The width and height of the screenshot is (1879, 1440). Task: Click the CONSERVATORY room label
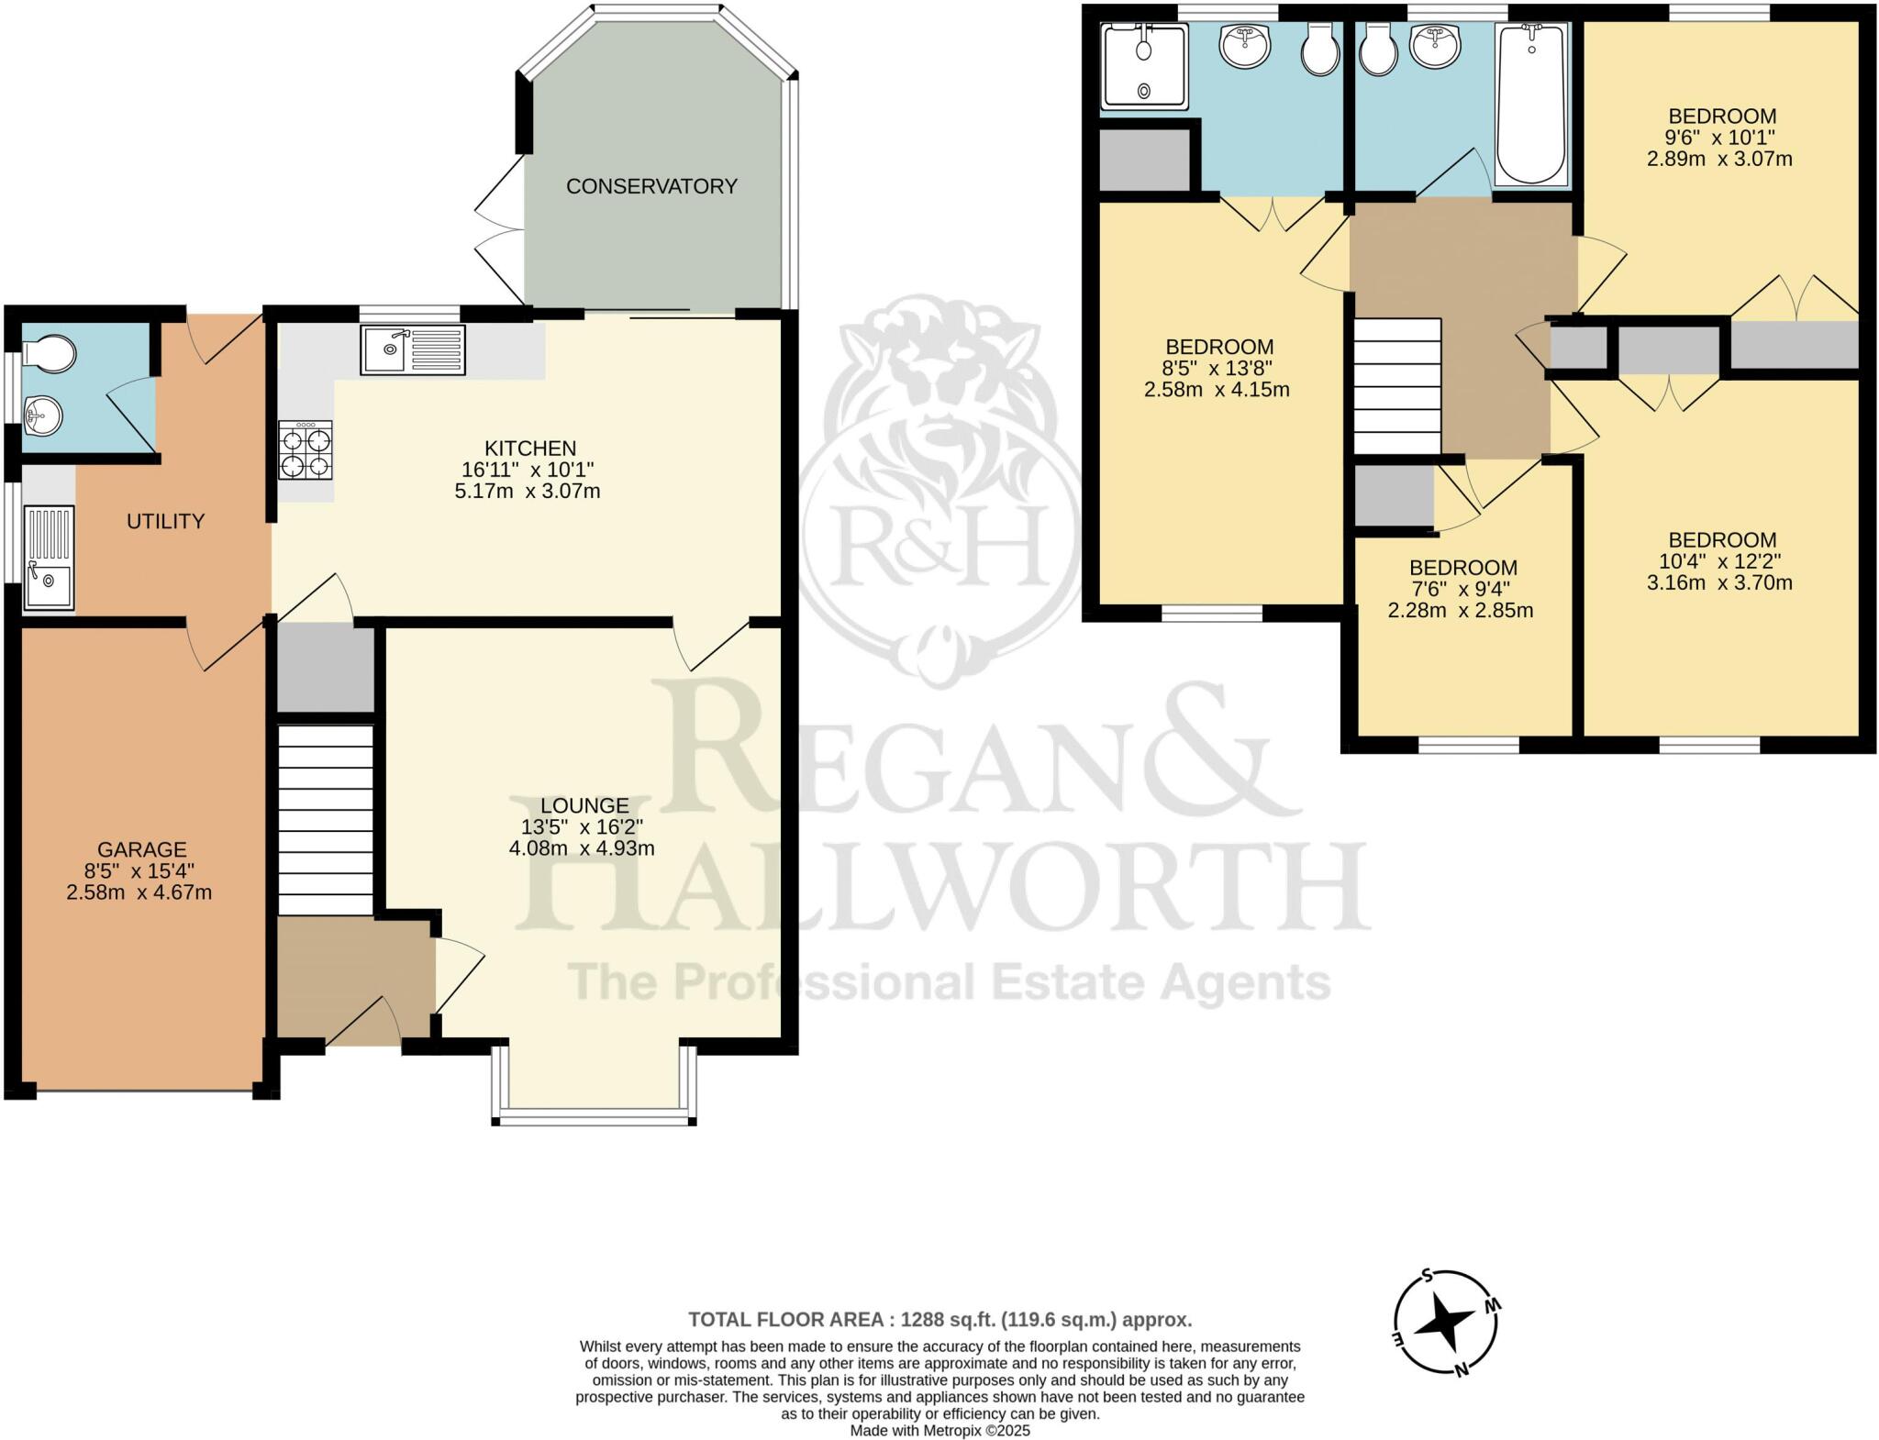tap(651, 186)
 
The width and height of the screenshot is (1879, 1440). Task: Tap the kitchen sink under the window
tap(413, 349)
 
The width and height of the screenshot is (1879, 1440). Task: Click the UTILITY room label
tap(165, 521)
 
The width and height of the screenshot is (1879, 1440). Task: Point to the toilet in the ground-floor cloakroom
tap(50, 353)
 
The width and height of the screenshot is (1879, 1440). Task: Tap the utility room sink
tap(49, 559)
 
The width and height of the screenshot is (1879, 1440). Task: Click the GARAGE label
tap(141, 850)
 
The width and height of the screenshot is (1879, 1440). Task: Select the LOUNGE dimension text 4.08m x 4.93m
tap(582, 848)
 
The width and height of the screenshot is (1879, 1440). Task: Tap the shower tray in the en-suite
tap(1144, 64)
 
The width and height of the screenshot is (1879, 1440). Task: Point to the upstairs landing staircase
tap(1397, 386)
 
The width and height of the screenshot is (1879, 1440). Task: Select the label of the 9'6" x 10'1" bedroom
tap(1721, 116)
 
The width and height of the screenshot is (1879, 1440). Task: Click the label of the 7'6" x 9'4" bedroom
tap(1462, 568)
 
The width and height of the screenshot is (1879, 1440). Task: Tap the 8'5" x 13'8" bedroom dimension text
tap(1218, 368)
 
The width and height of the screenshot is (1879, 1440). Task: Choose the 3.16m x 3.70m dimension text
tap(1719, 582)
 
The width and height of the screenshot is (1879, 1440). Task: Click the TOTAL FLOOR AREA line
tap(939, 1320)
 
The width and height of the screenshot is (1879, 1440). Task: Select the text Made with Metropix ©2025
tap(939, 1430)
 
